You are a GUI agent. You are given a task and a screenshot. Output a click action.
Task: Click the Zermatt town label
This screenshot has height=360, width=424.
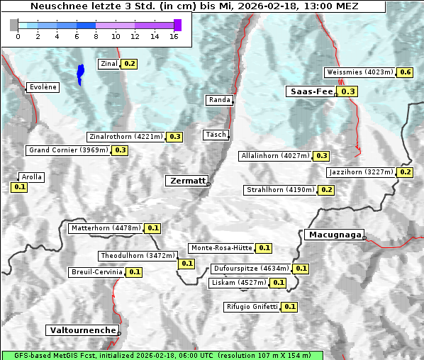coord(186,181)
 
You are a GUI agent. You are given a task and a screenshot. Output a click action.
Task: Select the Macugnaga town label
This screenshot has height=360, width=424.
coord(333,235)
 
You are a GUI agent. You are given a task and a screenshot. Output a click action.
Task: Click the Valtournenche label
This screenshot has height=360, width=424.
coord(82,330)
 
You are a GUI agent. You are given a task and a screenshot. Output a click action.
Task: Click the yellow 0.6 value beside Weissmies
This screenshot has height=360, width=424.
coord(406,72)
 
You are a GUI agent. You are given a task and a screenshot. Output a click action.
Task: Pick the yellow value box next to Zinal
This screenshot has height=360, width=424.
coord(129,64)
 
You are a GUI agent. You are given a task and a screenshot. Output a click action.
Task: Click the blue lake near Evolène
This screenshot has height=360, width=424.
coord(80,73)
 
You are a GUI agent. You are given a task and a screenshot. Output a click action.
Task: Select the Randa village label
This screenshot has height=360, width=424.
coord(219,100)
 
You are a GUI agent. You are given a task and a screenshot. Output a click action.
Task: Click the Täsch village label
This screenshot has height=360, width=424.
coord(216,135)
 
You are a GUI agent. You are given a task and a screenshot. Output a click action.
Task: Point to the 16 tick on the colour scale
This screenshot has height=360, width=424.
coord(174,36)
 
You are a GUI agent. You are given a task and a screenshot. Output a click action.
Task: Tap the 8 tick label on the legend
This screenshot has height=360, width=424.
coord(96,36)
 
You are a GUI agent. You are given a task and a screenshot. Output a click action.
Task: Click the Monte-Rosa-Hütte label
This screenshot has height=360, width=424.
coord(221,248)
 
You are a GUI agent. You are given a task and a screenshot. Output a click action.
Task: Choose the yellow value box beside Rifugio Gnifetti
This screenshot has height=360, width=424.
coord(289,307)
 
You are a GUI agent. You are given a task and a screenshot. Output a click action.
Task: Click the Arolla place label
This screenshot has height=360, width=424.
coord(32,177)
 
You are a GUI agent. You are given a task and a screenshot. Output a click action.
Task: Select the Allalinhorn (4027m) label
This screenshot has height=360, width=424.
coord(275,155)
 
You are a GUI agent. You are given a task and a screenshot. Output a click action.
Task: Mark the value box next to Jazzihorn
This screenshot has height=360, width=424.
coord(406,172)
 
